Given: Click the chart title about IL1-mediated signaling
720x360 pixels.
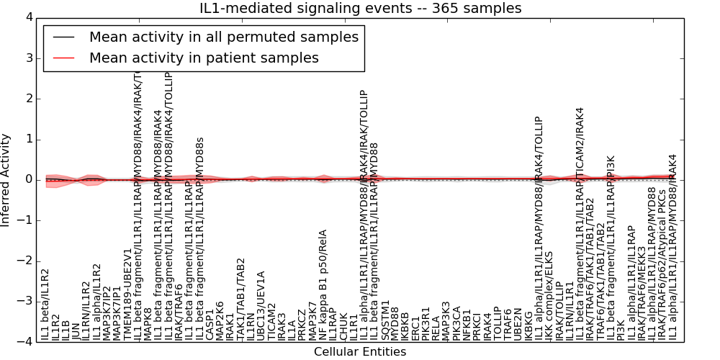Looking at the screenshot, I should pos(361,9).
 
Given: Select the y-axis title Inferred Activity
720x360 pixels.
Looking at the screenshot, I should pos(6,180).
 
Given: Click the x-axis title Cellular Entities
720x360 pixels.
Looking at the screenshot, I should pos(360,352).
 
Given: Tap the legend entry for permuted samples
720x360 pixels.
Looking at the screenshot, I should pos(223,37).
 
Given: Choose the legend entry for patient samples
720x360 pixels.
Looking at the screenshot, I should pos(204,58).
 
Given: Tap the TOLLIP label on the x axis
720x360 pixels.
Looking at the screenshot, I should pos(497,324).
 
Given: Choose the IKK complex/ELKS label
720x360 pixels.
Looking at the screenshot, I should pos(549,295).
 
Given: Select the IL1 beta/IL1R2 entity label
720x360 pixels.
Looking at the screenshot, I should pos(45,305).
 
